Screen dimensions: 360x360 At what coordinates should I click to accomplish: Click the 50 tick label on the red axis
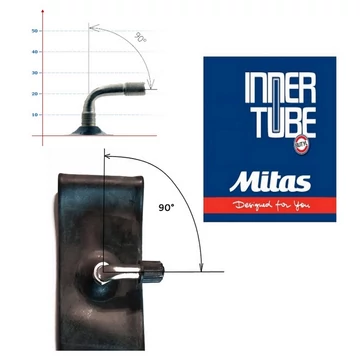[36, 31]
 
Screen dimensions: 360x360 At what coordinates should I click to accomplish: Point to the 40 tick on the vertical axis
[36, 52]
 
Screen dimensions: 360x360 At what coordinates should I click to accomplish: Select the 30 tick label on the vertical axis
[36, 73]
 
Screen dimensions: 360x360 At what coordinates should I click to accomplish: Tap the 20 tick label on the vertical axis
[36, 94]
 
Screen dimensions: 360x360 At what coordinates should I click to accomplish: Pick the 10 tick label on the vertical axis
[36, 115]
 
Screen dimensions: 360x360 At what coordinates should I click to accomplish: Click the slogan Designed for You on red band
[267, 209]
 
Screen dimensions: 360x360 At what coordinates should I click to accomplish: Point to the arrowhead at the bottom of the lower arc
[204, 262]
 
